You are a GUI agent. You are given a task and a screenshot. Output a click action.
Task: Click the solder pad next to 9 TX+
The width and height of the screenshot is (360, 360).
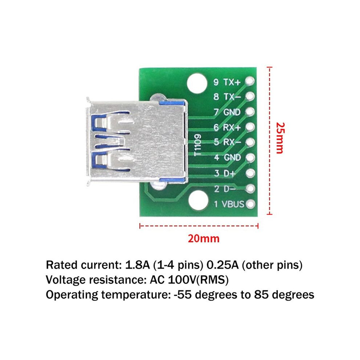tap(250, 81)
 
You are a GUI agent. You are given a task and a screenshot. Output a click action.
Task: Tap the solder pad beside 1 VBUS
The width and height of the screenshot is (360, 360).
tap(250, 204)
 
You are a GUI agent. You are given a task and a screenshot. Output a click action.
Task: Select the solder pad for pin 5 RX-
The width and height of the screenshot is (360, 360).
tap(250, 142)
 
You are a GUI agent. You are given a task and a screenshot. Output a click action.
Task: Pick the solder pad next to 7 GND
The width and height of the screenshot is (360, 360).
tap(250, 112)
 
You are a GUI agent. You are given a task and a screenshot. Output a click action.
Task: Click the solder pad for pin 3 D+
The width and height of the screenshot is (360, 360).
tap(250, 173)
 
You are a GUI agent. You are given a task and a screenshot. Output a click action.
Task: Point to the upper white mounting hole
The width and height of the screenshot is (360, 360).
tap(197, 83)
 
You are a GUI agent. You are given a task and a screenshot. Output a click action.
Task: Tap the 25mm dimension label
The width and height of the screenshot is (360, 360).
tap(280, 138)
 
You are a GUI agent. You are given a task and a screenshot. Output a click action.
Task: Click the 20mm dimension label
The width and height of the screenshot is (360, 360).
tap(204, 239)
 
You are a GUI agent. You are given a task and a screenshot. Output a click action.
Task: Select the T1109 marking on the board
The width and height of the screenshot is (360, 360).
tap(198, 145)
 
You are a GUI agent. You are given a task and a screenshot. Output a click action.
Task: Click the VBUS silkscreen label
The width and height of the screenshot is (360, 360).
tap(233, 204)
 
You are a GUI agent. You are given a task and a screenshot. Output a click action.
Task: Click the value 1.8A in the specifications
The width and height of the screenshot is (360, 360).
tap(137, 265)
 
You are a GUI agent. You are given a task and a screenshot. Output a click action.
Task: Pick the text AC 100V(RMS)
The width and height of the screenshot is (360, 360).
tap(189, 280)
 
